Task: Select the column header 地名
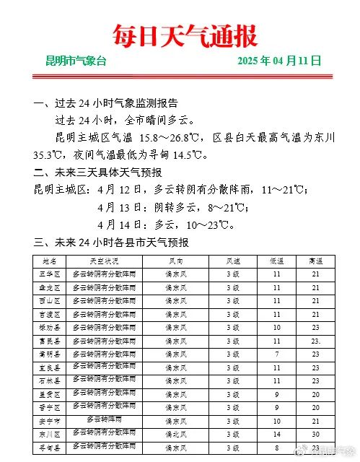tap(50, 261)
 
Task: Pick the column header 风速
tap(232, 261)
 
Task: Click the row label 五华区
tap(50, 274)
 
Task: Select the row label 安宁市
tap(50, 420)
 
